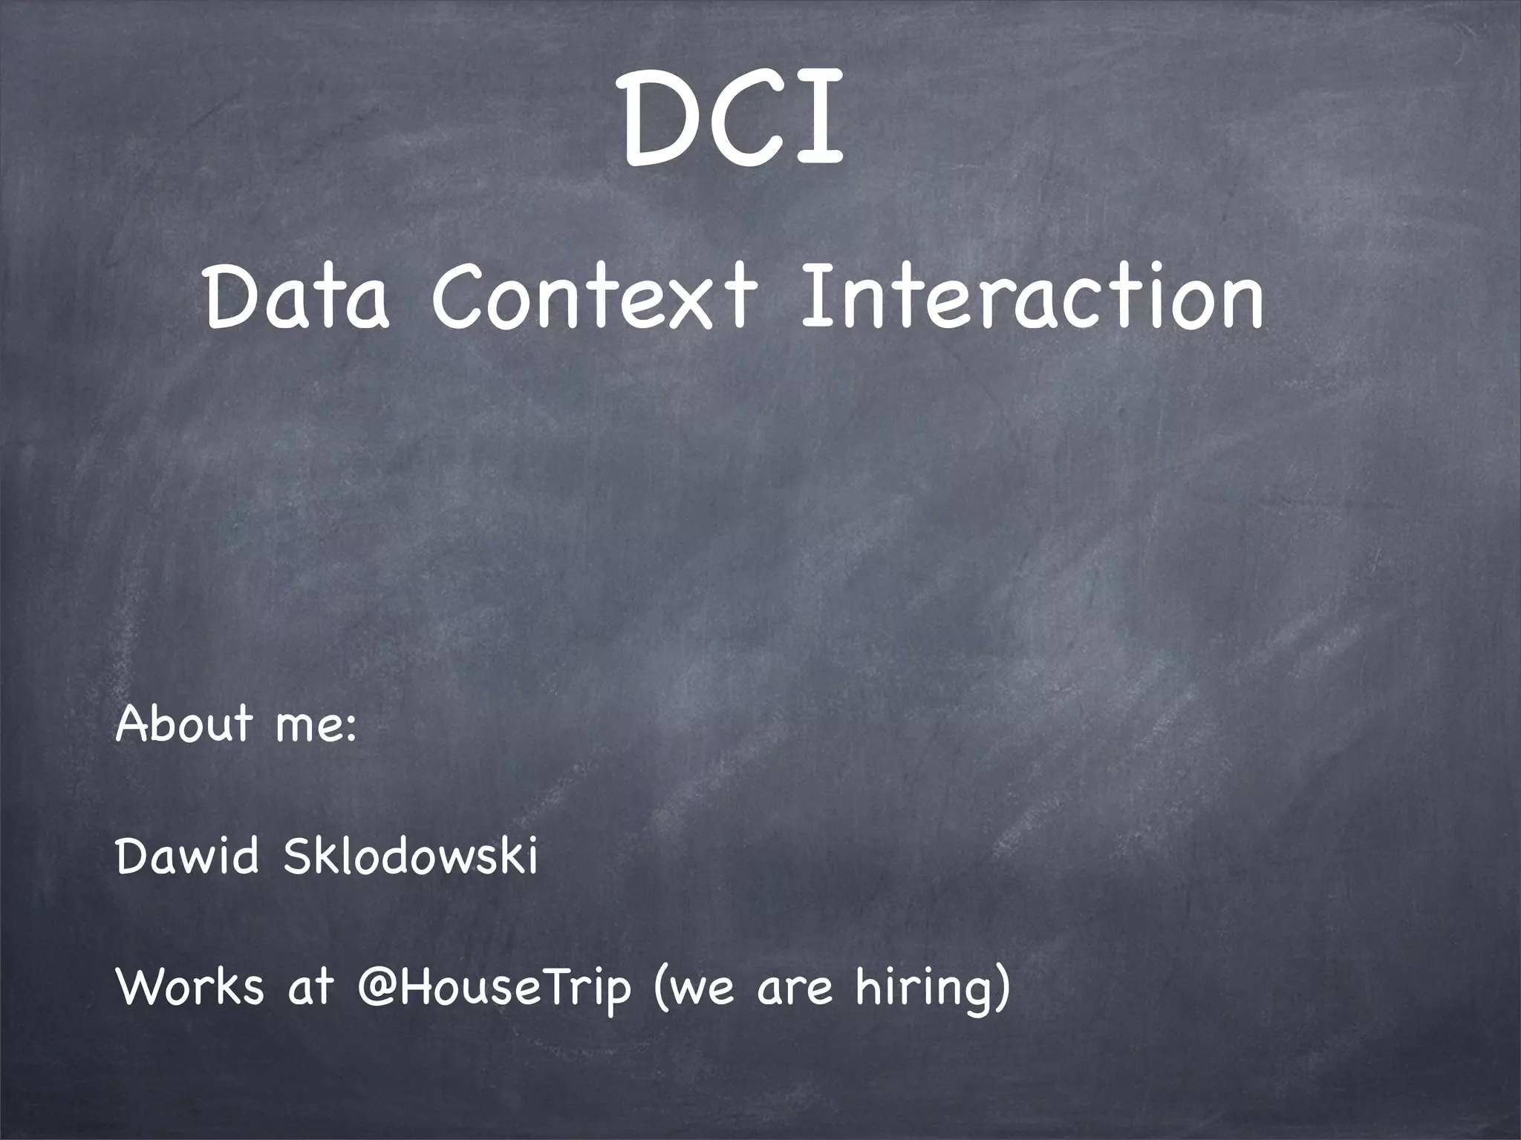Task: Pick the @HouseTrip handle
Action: coord(494,989)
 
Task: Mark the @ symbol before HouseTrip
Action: coord(380,989)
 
